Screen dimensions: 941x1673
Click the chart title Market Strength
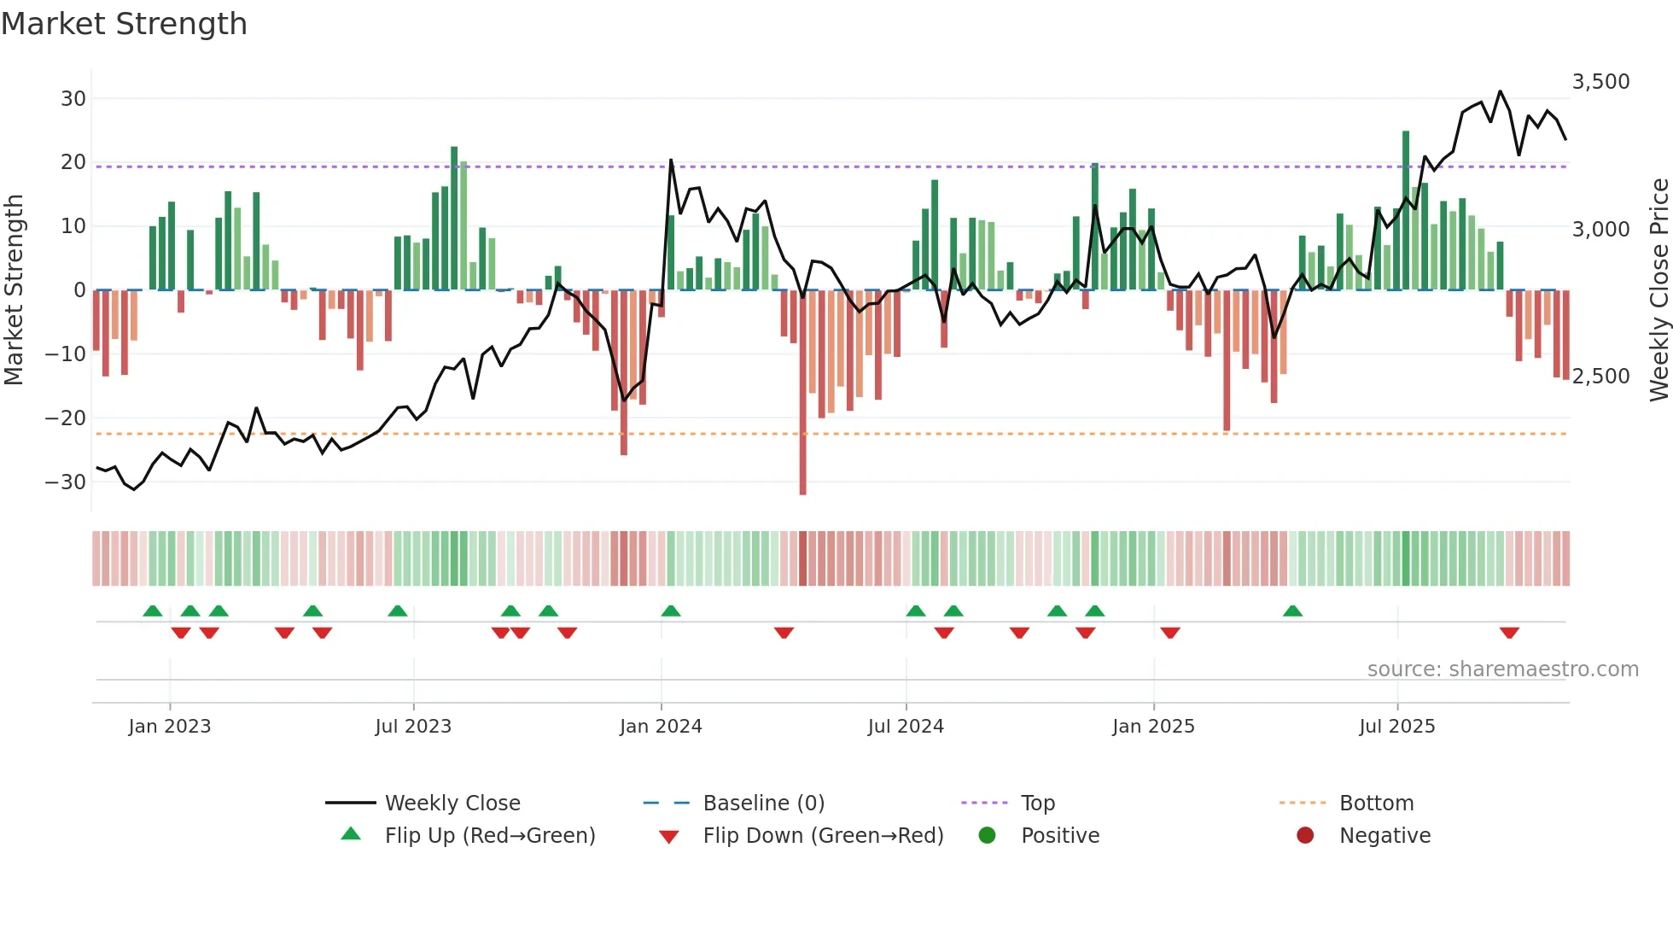point(124,24)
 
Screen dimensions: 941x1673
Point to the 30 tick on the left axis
point(73,98)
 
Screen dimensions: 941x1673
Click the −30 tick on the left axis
point(67,482)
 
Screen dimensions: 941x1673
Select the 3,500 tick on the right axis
point(1600,82)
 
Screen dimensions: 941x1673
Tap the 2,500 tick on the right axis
point(1600,377)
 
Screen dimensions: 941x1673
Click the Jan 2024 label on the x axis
point(661,727)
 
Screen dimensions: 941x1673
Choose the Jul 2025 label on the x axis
point(1397,727)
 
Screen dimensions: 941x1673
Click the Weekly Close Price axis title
point(1658,290)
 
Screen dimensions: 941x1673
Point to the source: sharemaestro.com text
point(1502,669)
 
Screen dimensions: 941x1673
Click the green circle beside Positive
point(988,836)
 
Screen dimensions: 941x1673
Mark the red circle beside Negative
point(1305,836)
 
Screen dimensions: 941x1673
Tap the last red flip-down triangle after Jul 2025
point(1509,633)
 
